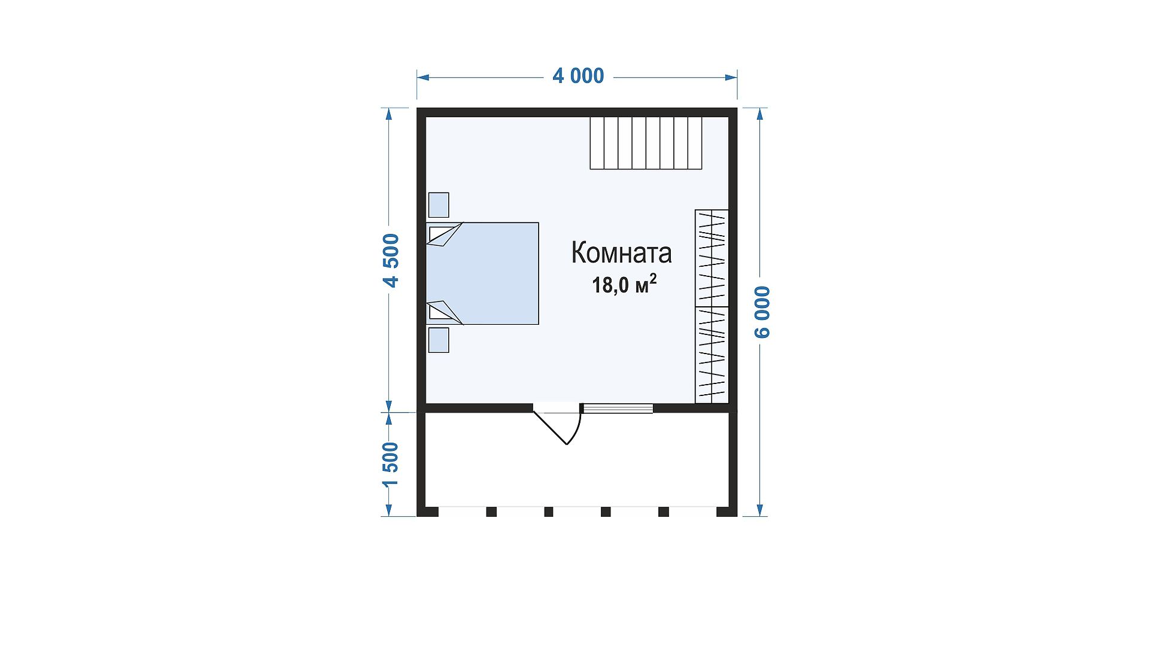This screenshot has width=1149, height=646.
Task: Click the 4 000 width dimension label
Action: click(x=578, y=76)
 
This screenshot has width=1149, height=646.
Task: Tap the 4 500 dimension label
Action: click(x=391, y=260)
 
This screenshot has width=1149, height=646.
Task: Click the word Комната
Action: click(x=622, y=252)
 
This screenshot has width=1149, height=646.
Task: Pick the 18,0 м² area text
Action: click(x=624, y=285)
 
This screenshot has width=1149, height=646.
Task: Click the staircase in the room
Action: click(x=646, y=143)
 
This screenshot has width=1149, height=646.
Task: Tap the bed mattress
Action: click(x=482, y=273)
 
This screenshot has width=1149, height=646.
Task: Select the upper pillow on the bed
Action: click(x=444, y=234)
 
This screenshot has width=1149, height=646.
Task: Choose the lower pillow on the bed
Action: click(x=444, y=312)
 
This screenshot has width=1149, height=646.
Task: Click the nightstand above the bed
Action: click(x=439, y=205)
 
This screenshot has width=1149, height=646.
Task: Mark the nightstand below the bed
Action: click(x=439, y=340)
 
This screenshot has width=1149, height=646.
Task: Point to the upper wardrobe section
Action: click(x=712, y=258)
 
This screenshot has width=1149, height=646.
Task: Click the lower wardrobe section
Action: click(x=712, y=355)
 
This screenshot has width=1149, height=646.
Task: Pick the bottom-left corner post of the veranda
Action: click(x=428, y=512)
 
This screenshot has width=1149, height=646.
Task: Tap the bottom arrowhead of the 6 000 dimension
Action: click(x=761, y=510)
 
